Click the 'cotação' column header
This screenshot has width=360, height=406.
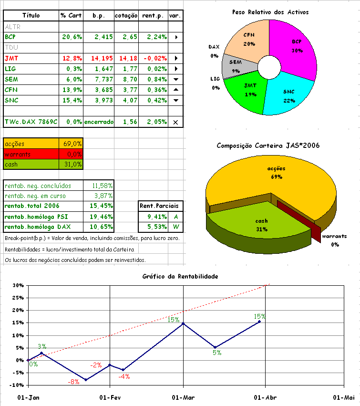coord(127,16)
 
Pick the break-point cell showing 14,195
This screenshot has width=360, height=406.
coord(99,58)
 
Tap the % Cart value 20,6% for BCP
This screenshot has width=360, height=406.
coord(72,37)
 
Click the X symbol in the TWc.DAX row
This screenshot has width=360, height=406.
coord(175,122)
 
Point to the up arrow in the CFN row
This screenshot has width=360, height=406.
coord(175,90)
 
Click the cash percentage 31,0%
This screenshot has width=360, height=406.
coord(72,164)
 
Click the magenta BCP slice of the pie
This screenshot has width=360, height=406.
coord(296,45)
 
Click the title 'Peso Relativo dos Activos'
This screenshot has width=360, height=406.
coord(270,12)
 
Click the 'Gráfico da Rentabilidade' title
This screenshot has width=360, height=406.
coord(180,277)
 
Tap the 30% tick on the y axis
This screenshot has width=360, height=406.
coord(18,285)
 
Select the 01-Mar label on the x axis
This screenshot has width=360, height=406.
coord(183,397)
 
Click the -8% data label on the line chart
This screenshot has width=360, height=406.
coord(73,382)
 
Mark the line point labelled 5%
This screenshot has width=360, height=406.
coord(216,347)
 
